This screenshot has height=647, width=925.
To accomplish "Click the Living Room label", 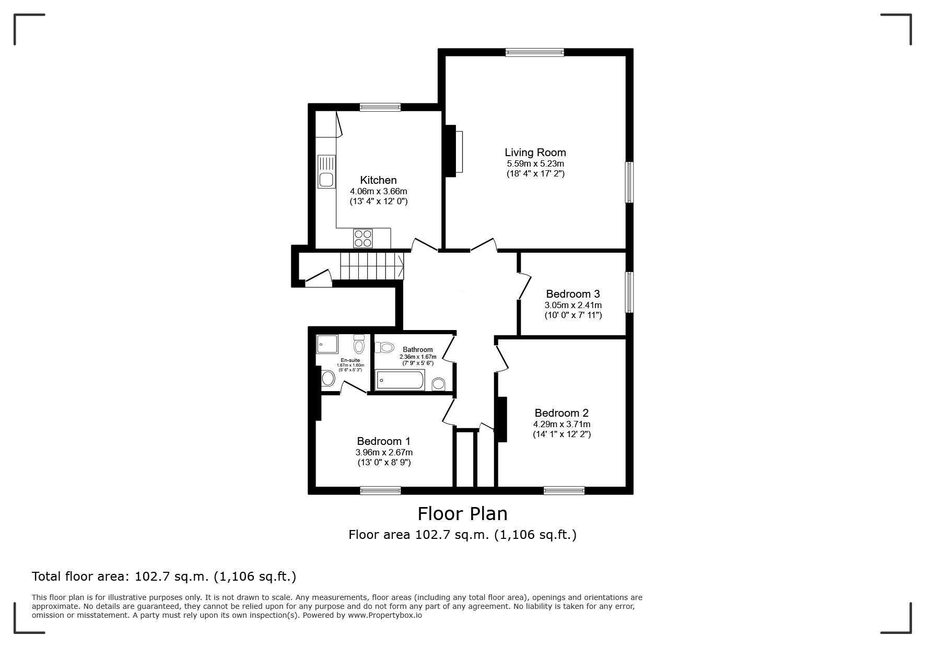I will click(535, 152).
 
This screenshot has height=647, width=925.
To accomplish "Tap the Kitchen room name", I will click(378, 180).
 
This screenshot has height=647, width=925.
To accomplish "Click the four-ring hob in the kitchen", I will click(364, 238).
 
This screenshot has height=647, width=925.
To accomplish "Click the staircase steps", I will click(371, 266).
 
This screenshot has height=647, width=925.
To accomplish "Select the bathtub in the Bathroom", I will click(400, 380).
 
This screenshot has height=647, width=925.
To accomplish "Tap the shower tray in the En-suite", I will click(327, 344).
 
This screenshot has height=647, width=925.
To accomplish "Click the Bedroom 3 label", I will click(572, 294).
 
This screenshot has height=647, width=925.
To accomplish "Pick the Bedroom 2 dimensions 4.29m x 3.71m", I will click(561, 424).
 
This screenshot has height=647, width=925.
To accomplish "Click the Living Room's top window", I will click(534, 52).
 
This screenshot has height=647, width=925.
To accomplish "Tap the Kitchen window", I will click(380, 107).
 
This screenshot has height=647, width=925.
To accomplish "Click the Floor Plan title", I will click(462, 514).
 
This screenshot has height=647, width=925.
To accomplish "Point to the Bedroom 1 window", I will click(380, 490).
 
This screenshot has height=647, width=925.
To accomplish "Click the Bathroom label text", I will click(417, 350).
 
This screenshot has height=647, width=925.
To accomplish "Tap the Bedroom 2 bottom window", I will click(564, 490).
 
